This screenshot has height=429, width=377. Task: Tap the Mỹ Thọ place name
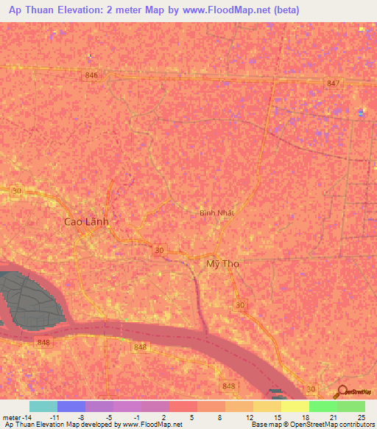(222, 263)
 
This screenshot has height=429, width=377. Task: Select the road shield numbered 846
(91, 76)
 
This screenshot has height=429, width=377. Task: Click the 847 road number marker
(334, 83)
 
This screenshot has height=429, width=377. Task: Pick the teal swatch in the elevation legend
(43, 406)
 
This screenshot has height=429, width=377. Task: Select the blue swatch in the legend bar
(71, 406)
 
